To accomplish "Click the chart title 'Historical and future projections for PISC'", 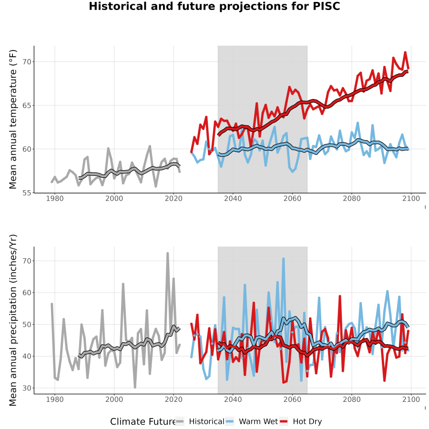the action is [x=214, y=6].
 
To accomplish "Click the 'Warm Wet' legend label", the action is [x=258, y=421].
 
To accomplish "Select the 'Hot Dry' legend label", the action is [x=307, y=421].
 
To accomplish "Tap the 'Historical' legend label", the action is [x=206, y=421].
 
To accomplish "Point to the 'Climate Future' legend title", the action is [x=143, y=421].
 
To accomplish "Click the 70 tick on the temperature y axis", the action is [x=27, y=62].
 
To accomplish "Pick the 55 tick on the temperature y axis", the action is [x=27, y=193].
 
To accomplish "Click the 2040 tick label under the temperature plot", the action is [x=233, y=198].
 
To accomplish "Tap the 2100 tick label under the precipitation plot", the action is [x=411, y=399].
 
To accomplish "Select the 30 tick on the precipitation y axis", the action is [x=27, y=388].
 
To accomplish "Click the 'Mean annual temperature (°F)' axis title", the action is [x=12, y=119].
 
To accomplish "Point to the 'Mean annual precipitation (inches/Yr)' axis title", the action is [x=12, y=320].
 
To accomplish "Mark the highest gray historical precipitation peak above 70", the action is [x=168, y=254].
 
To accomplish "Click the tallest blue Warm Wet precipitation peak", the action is [x=284, y=258].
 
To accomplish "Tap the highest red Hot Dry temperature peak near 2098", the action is [x=405, y=52].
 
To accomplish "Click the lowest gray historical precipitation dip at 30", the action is [x=135, y=387].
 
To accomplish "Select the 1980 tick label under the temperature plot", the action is [x=55, y=198].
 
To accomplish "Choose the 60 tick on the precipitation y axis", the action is [x=27, y=293].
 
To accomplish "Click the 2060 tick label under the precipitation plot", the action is [x=292, y=399].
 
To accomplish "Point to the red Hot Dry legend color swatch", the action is [x=284, y=422].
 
